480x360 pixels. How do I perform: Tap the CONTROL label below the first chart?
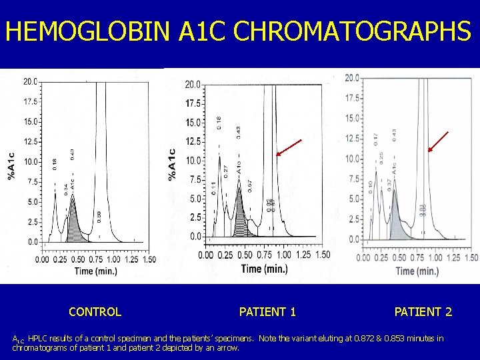coord(95,311)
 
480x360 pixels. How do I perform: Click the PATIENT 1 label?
coord(267,311)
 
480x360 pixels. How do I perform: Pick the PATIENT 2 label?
coord(423,311)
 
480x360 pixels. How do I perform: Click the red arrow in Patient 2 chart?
coord(438,141)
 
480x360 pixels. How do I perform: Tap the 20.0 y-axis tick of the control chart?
coord(30,82)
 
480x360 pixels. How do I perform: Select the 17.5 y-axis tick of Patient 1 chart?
coord(193,104)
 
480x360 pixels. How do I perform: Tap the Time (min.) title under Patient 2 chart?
coord(417,271)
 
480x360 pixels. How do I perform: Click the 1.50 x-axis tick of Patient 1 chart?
coord(322,255)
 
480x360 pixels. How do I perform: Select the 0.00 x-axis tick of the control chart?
coord(41,259)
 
